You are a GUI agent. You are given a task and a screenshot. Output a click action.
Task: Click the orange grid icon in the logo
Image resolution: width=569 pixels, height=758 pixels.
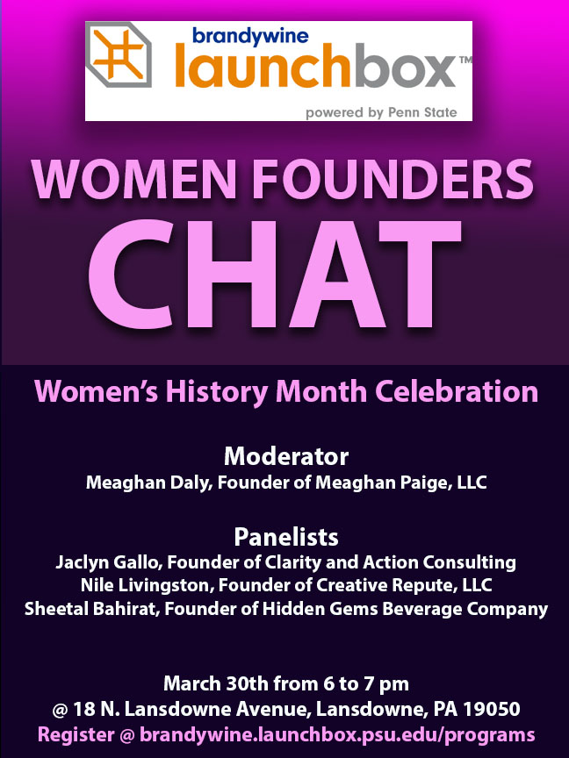(x=118, y=54)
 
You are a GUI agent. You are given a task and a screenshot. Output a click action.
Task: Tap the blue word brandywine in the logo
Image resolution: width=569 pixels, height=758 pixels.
(x=250, y=37)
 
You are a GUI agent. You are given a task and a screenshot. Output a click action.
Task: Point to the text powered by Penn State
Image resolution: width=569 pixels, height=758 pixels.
(x=381, y=112)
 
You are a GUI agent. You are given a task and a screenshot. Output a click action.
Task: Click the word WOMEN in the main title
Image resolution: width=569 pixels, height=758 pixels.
(x=134, y=179)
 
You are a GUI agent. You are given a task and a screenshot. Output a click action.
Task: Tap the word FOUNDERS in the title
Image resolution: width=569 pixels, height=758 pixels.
(x=393, y=179)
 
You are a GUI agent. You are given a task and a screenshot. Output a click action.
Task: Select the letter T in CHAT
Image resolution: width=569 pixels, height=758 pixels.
(x=420, y=274)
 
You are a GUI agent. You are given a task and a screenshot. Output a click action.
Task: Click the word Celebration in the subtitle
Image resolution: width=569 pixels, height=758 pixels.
(x=457, y=391)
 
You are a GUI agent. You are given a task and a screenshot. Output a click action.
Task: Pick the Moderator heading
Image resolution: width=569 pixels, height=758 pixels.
(x=286, y=456)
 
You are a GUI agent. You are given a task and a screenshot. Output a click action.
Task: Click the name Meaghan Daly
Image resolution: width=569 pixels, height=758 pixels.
(x=149, y=483)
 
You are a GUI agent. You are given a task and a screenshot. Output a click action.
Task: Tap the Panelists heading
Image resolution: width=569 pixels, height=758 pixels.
(x=286, y=537)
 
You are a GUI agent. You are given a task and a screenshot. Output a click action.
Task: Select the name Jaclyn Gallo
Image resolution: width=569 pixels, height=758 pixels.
(x=109, y=562)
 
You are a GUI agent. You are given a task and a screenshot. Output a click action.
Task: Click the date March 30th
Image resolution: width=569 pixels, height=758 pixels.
(x=216, y=683)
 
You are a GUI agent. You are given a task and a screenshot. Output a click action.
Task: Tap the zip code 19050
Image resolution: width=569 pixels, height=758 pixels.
(x=492, y=709)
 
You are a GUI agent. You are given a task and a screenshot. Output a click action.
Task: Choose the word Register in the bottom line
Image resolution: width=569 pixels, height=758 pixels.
(x=76, y=735)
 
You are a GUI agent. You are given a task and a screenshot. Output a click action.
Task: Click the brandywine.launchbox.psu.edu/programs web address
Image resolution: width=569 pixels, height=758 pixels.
(x=337, y=735)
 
